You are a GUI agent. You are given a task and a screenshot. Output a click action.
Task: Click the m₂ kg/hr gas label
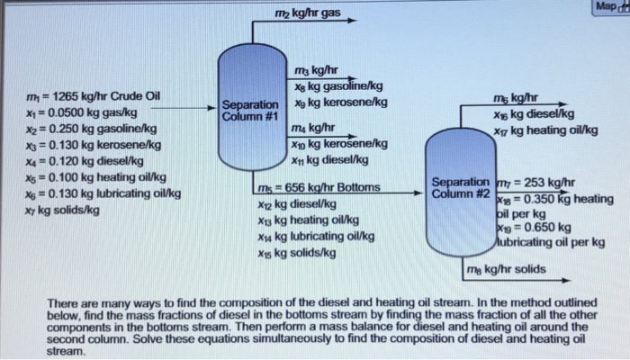tap(308, 13)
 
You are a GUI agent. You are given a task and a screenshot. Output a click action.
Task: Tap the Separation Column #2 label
tap(460, 187)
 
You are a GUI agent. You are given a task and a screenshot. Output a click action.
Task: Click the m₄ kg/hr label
tap(315, 129)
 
